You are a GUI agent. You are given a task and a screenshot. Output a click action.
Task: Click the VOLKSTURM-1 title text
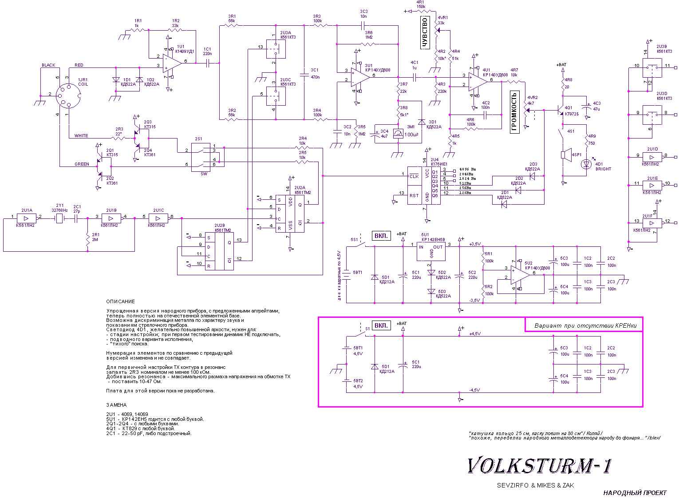point(540,466)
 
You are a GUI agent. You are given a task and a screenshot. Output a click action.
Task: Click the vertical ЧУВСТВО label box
point(425,32)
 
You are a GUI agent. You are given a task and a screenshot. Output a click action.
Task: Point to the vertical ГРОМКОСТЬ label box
point(514,112)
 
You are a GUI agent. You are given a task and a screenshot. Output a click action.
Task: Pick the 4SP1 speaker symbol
point(564,155)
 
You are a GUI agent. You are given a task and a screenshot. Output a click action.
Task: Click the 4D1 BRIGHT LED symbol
point(587,164)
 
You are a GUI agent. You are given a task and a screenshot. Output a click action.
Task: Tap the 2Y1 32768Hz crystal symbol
point(59,218)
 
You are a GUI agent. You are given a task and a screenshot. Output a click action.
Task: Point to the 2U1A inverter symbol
point(27,218)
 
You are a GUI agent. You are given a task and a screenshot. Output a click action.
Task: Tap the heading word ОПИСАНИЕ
point(120,301)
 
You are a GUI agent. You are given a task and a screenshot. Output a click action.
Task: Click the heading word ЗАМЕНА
point(116,405)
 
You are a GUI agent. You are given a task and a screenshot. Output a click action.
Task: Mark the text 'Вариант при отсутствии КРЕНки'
point(585,325)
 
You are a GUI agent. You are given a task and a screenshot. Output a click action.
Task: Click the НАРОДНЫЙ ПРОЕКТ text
point(635,493)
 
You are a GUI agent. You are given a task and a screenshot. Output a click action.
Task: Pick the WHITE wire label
point(81,136)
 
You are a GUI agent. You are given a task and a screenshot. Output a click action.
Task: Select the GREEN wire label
point(82,164)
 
